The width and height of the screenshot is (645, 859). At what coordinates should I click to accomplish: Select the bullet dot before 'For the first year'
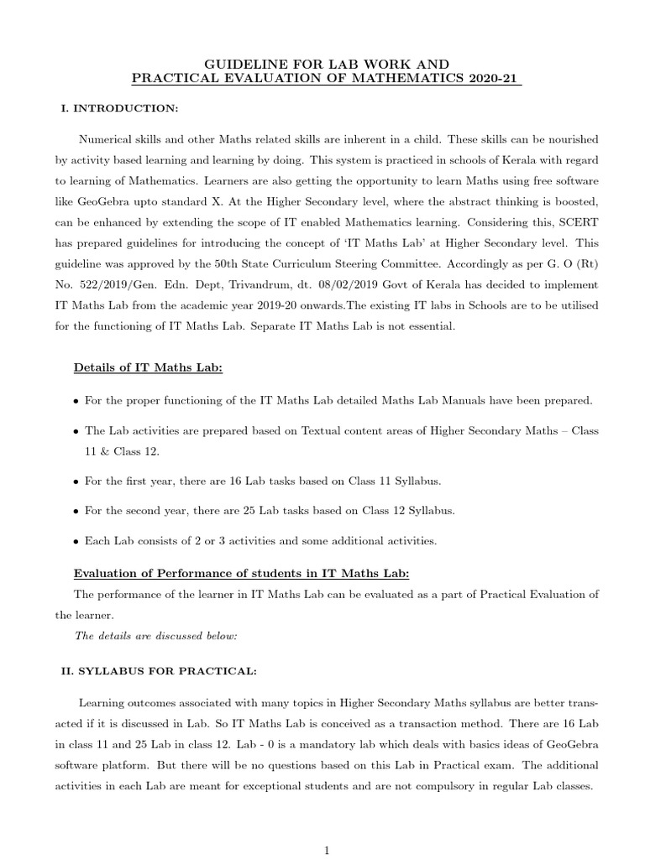pyautogui.click(x=76, y=482)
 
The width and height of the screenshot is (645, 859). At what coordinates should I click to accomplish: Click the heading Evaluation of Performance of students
pyautogui.click(x=241, y=573)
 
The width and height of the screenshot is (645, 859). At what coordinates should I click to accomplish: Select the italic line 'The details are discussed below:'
pyautogui.click(x=156, y=636)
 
